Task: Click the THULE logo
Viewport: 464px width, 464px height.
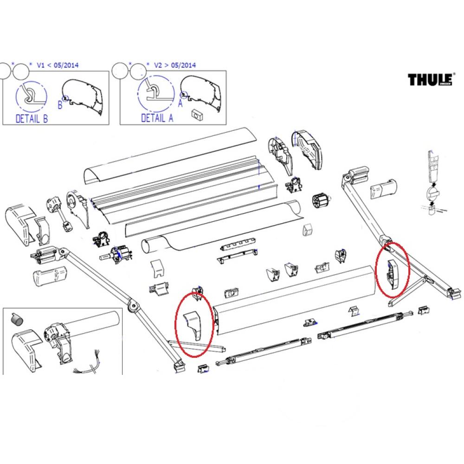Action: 430,80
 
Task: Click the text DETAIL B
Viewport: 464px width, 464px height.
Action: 32,119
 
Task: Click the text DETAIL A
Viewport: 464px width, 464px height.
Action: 157,119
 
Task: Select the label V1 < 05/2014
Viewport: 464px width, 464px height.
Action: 58,65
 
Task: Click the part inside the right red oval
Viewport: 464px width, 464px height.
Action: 392,271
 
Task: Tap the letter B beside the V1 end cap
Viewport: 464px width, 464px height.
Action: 60,105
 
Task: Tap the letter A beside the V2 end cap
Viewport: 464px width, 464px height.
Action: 180,104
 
